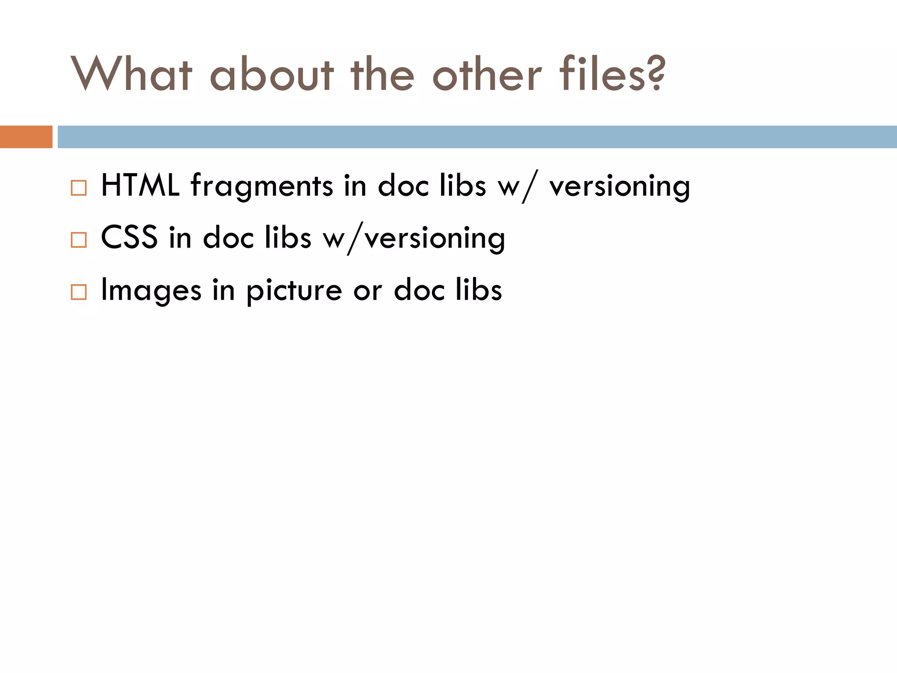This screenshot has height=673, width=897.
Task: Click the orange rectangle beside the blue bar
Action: point(26,137)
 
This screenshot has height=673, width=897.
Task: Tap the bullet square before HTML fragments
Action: point(79,188)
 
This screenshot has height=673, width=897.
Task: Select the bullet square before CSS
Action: point(79,240)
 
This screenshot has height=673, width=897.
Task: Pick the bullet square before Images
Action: point(79,292)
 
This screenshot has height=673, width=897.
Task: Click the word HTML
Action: point(140,186)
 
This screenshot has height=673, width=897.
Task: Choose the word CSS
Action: point(129,237)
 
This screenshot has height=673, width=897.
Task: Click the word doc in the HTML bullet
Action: point(403,186)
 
